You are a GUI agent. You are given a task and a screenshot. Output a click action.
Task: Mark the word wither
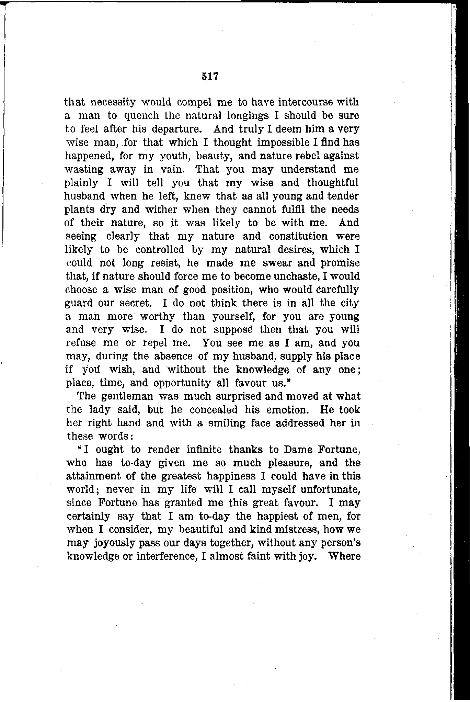(x=167, y=210)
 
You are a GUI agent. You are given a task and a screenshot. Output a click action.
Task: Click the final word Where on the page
(x=344, y=556)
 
